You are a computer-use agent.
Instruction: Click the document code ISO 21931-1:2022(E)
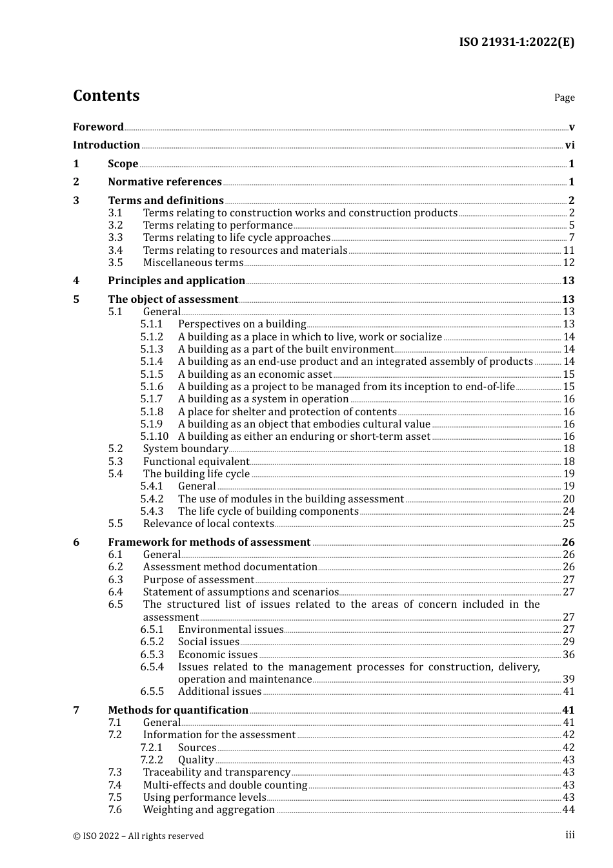(516, 43)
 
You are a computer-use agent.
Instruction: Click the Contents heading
(106, 96)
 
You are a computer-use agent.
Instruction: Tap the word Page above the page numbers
(564, 98)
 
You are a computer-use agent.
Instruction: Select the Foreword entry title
(98, 127)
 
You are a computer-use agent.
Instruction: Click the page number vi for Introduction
(570, 145)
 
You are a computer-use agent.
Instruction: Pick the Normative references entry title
(165, 182)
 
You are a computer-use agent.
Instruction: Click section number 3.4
(116, 251)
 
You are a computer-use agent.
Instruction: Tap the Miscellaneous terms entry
(193, 263)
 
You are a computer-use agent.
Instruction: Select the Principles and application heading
(176, 281)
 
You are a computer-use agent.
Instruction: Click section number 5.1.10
(154, 437)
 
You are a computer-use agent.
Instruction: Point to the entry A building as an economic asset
(255, 375)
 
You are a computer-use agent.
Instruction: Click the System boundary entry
(185, 449)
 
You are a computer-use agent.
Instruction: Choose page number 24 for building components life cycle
(568, 512)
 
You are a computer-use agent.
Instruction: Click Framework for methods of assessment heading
(209, 542)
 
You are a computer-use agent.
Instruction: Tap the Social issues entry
(208, 642)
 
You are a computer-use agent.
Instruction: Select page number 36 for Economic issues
(568, 655)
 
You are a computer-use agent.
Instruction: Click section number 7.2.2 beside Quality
(152, 760)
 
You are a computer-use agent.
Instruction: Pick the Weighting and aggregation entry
(208, 810)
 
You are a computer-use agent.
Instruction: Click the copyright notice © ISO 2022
(138, 836)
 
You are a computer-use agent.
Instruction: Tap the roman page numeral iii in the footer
(570, 835)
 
